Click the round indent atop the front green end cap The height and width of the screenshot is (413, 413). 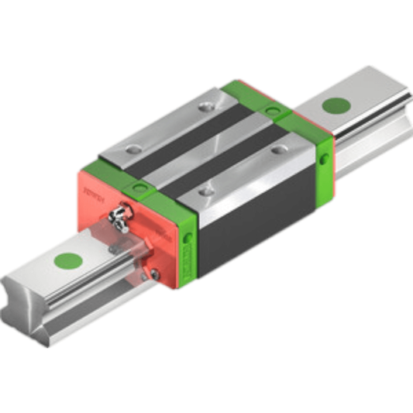coord(139,187)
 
